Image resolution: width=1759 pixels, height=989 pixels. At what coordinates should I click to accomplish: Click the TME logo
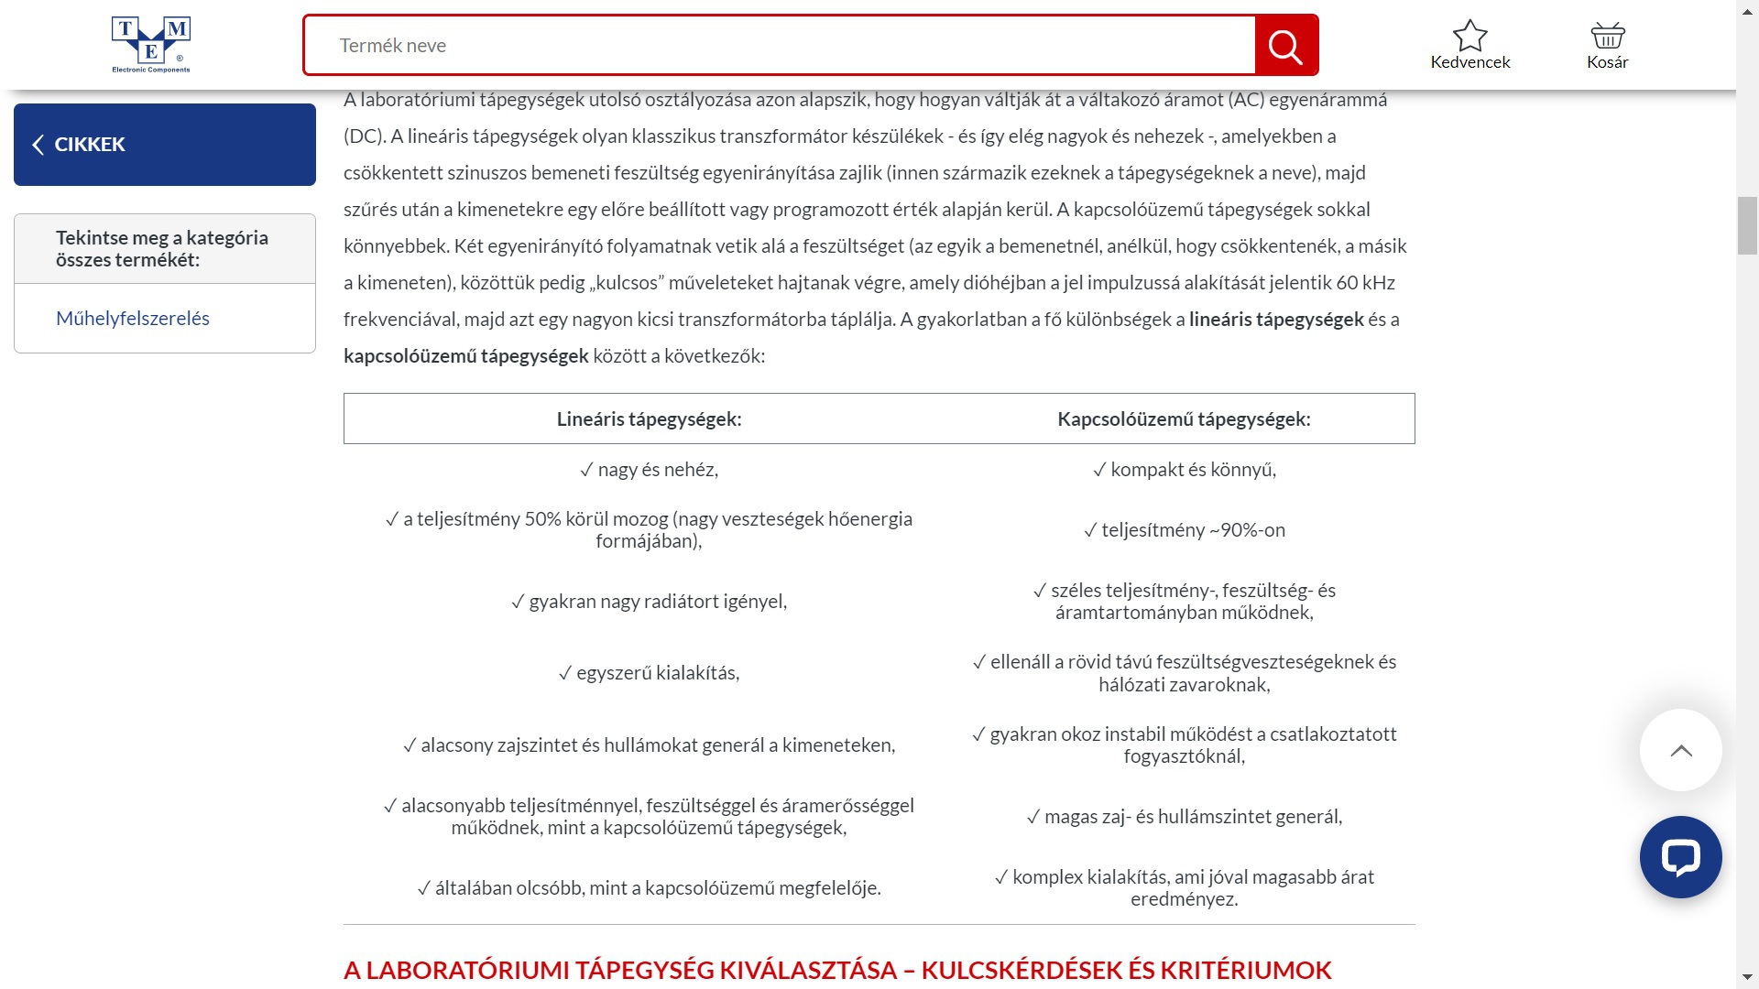point(151,44)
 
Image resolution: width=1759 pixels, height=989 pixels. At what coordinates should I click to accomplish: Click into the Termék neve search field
point(779,45)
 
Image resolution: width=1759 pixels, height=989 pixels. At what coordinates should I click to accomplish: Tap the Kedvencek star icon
point(1469,37)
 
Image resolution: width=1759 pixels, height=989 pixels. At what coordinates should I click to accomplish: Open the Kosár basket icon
point(1607,37)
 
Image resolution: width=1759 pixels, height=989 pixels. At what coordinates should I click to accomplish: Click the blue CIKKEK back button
point(165,145)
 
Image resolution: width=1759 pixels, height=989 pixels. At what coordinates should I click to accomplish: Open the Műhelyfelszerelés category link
point(133,319)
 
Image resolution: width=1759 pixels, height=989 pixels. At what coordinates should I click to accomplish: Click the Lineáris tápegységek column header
point(649,419)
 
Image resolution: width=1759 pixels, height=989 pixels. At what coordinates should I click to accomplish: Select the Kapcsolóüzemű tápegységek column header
point(1184,419)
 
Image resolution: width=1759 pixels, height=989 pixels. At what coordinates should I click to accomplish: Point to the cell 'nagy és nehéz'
point(649,470)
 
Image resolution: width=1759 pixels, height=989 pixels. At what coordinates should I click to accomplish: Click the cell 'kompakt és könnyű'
point(1184,470)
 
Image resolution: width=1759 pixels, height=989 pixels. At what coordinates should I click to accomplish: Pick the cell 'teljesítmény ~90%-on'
point(1184,530)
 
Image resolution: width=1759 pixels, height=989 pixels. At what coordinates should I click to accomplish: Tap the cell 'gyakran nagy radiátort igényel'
point(649,602)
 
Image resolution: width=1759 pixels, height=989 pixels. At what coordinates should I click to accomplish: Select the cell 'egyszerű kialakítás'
point(649,673)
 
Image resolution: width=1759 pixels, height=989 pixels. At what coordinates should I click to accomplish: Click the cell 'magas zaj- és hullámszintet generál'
point(1184,817)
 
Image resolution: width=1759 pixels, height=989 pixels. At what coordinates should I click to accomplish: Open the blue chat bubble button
point(1680,857)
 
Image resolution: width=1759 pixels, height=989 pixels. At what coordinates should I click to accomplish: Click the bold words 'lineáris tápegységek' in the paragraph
point(1276,320)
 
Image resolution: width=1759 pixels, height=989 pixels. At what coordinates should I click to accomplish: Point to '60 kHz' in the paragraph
point(1365,283)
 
